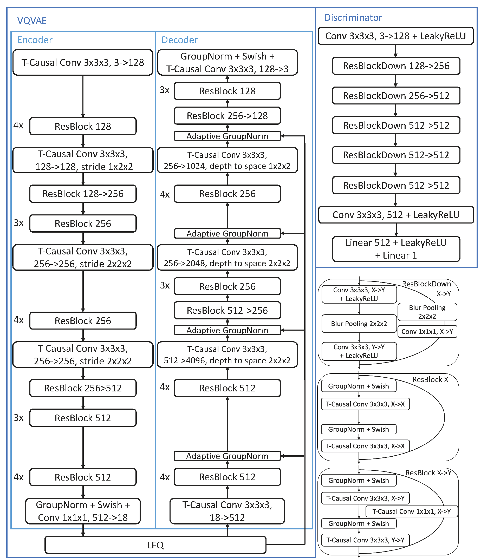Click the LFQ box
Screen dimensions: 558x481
tap(155, 545)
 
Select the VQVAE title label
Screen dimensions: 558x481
tap(32, 21)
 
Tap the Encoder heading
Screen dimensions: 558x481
tap(35, 40)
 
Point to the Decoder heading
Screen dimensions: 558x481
tap(179, 40)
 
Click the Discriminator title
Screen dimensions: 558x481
tap(353, 17)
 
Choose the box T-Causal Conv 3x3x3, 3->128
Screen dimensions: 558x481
tap(83, 62)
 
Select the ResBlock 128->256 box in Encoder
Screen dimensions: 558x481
tap(83, 194)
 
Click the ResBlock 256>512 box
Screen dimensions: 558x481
tap(83, 388)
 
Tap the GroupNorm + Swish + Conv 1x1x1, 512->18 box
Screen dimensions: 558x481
tap(83, 511)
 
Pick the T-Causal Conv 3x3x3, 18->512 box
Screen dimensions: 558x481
tap(227, 511)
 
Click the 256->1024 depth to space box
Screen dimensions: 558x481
tap(227, 160)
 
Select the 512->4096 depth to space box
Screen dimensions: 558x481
tap(227, 355)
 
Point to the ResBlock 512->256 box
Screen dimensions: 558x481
tap(227, 310)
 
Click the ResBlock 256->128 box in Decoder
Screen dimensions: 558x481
tap(227, 116)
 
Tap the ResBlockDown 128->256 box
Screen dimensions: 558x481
tap(396, 66)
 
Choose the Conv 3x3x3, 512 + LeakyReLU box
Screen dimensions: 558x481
tap(396, 215)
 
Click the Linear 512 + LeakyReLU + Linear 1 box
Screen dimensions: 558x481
tap(396, 249)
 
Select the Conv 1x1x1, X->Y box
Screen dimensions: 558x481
tap(427, 332)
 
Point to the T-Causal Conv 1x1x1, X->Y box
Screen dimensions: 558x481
tap(412, 511)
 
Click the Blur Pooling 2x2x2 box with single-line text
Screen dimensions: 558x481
tap(359, 323)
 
